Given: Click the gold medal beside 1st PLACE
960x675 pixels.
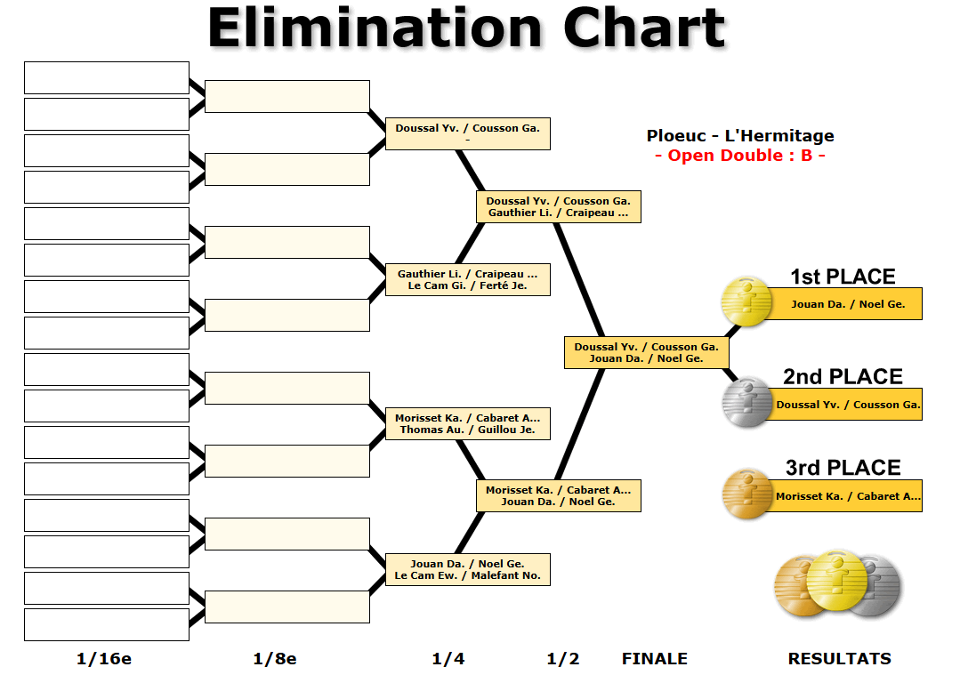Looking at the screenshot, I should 746,301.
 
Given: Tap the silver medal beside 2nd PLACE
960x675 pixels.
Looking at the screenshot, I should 746,402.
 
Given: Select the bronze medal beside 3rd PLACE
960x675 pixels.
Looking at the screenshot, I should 746,494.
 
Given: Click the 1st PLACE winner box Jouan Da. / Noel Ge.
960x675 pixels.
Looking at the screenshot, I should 847,304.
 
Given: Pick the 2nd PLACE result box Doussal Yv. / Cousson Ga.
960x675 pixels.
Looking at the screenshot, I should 848,405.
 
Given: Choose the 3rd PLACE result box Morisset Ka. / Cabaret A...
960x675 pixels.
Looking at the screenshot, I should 848,496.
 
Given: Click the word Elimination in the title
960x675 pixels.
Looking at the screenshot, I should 375,28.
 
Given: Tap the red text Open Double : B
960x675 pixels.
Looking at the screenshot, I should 740,156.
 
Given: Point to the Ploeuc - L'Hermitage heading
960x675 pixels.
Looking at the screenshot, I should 740,136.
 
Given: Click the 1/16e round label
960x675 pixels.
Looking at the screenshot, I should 104,659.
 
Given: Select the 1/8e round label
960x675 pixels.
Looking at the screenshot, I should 275,659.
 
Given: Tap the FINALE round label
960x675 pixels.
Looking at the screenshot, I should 654,659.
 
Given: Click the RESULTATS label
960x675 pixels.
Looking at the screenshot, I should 839,659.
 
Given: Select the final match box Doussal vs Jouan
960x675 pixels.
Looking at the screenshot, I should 647,352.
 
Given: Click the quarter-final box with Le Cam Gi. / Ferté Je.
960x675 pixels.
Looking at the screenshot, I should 467,279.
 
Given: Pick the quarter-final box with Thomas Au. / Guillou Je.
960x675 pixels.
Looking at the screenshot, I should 467,423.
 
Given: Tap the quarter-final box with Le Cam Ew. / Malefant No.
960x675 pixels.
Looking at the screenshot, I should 467,569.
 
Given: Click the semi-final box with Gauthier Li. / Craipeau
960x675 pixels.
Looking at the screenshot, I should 558,206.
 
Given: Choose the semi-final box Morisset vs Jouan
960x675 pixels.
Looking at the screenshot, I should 558,495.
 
